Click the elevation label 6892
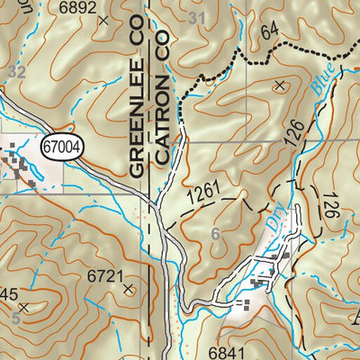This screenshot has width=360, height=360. (x=76, y=6)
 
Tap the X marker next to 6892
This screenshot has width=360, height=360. (x=105, y=18)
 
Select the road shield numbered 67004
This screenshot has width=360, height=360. (x=62, y=143)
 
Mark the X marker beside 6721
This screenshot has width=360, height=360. (x=130, y=289)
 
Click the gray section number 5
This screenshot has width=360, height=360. (x=15, y=318)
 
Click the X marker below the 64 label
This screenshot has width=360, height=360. (x=279, y=85)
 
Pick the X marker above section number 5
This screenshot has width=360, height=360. (x=23, y=308)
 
